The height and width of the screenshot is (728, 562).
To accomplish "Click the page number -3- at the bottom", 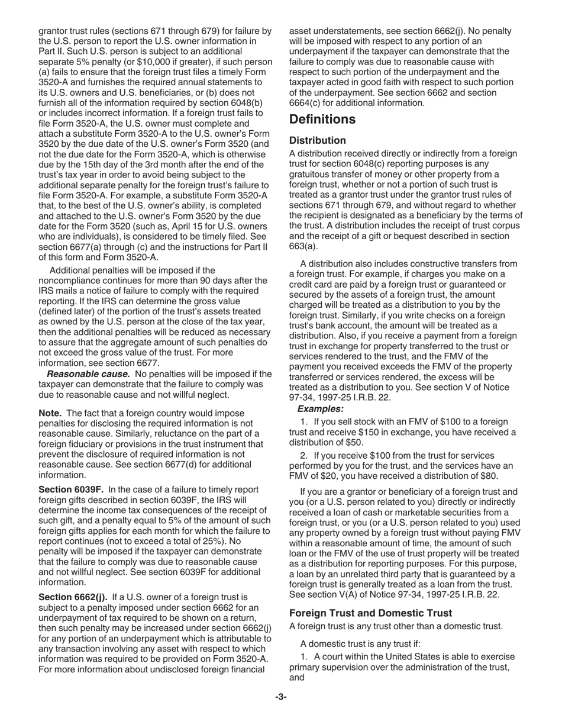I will [x=280, y=697].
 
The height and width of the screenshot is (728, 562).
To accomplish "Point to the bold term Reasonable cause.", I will [x=88, y=374].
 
